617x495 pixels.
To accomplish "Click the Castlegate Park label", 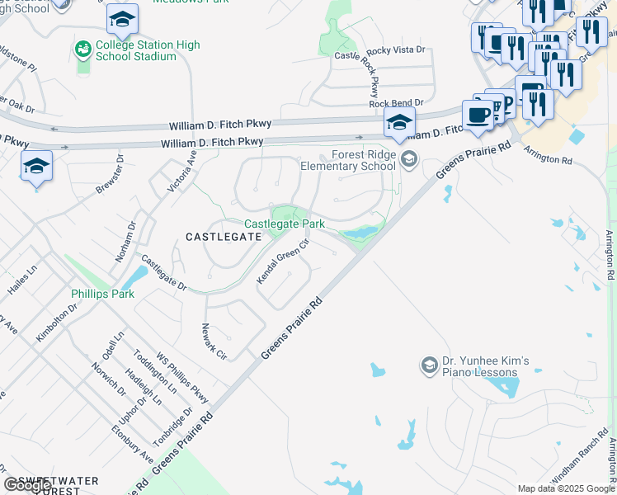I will coord(285,224).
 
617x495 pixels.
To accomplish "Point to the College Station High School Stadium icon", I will coord(82,49).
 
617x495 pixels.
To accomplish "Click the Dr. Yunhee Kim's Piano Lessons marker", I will coord(429,364).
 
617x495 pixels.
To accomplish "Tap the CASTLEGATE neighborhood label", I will coord(223,237).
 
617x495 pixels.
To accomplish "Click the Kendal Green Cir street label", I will coord(283,262).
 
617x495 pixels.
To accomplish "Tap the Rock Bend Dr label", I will coord(396,102).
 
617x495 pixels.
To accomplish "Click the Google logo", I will coord(27,485).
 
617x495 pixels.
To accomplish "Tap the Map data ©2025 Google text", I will coord(565,488).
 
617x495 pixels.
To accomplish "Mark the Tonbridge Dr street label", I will coord(176,424).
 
